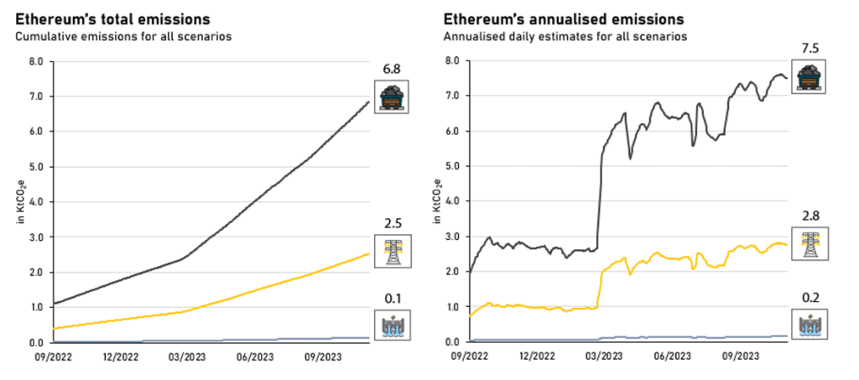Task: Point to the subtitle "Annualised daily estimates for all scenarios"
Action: point(560,36)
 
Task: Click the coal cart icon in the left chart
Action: point(391,96)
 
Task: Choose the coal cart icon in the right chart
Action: point(810,75)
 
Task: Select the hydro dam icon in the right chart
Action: point(810,324)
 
